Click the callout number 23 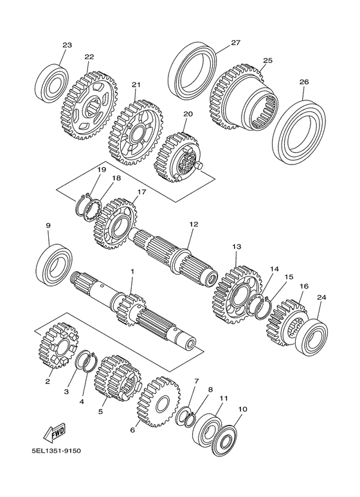click(67, 45)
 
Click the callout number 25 click(267, 61)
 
